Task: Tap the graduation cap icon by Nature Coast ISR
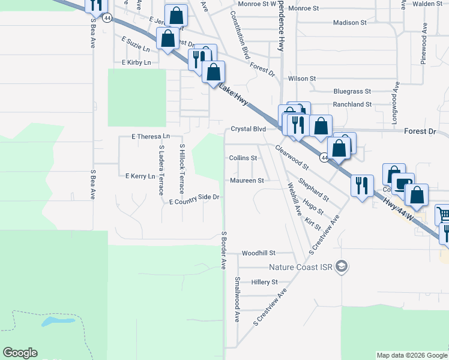pyautogui.click(x=342, y=266)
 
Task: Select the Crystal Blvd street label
pyautogui.click(x=248, y=129)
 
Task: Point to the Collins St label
pyautogui.click(x=243, y=158)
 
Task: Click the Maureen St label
pyautogui.click(x=247, y=181)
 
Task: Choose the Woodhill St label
pyautogui.click(x=258, y=253)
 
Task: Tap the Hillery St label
pyautogui.click(x=265, y=282)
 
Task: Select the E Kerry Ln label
pyautogui.click(x=140, y=176)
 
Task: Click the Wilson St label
pyautogui.click(x=302, y=79)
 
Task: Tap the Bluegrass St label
pyautogui.click(x=352, y=92)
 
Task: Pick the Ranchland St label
pyautogui.click(x=352, y=104)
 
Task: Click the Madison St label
pyautogui.click(x=350, y=23)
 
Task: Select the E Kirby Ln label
pyautogui.click(x=136, y=62)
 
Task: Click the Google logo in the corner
pyautogui.click(x=20, y=353)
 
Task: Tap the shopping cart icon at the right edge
pyautogui.click(x=443, y=214)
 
